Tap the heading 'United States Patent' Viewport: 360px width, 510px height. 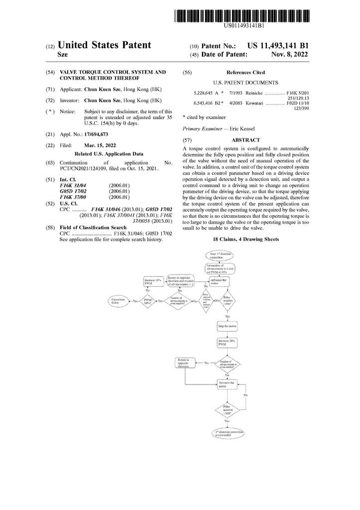pyautogui.click(x=105, y=45)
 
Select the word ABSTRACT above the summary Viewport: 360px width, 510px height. pyautogui.click(x=245, y=140)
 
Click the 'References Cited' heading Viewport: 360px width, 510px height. pyautogui.click(x=245, y=72)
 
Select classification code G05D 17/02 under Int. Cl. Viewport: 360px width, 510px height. pyautogui.click(x=73, y=191)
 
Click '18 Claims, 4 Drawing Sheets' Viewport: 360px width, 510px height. pyautogui.click(x=245, y=240)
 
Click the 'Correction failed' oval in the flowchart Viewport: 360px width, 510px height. pyautogui.click(x=119, y=301)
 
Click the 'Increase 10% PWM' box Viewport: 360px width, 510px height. pyautogui.click(x=153, y=281)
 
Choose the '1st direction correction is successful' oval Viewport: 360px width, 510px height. pyautogui.click(x=227, y=432)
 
